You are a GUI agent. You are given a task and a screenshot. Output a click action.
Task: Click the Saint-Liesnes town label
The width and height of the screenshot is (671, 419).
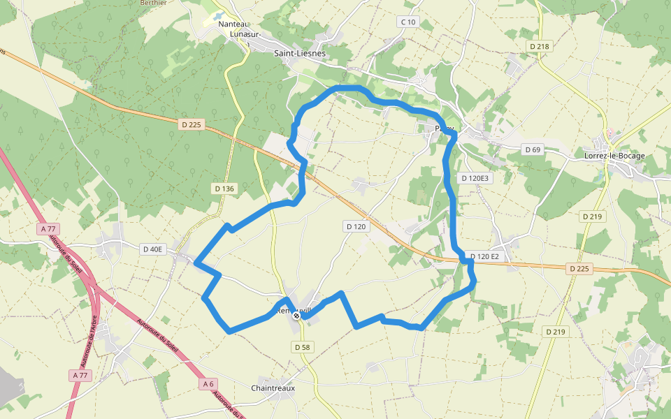click(x=299, y=53)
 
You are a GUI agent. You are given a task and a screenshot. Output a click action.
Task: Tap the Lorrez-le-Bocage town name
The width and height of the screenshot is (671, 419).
click(x=614, y=156)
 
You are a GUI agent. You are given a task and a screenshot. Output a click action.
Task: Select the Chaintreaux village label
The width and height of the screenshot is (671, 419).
click(x=273, y=388)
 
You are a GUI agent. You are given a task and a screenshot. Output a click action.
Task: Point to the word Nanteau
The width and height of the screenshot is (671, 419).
click(x=234, y=24)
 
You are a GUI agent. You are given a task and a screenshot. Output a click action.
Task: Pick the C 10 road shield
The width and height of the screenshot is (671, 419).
click(x=407, y=22)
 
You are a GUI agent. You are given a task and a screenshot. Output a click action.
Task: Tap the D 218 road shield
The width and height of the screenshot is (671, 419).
click(x=540, y=46)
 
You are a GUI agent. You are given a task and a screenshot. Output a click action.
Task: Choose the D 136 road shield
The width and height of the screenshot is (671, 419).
click(x=224, y=189)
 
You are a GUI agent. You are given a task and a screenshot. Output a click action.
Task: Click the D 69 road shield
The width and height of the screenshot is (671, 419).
click(x=533, y=149)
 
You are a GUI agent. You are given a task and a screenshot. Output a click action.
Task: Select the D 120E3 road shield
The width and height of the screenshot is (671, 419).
click(x=476, y=178)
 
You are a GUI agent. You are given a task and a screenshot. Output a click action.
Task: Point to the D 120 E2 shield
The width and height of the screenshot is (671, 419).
click(x=484, y=256)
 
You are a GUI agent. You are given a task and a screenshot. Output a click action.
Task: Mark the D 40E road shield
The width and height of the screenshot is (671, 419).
click(x=152, y=249)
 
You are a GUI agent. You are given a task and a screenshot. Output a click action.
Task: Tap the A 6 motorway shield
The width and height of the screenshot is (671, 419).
click(x=209, y=383)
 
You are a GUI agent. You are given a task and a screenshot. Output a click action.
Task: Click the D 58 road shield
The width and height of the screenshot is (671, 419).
click(x=302, y=347)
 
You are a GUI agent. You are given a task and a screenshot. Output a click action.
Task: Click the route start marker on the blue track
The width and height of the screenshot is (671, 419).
click(x=297, y=316)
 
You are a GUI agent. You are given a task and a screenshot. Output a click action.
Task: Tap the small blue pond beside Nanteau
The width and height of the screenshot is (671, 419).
click(x=217, y=15)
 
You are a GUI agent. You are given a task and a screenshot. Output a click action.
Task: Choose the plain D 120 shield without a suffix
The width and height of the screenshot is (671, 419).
click(x=356, y=226)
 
